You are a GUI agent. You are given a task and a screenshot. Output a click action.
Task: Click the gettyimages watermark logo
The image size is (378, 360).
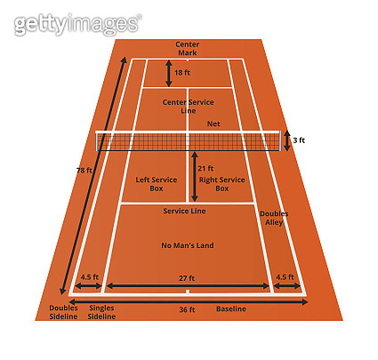pos(77,24)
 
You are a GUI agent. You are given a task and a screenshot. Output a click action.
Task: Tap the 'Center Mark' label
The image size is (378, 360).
pos(188,49)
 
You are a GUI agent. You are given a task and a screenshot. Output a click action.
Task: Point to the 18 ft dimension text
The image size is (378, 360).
pos(182,73)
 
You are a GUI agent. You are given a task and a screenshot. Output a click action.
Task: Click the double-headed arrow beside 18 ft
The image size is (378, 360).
pos(169,73)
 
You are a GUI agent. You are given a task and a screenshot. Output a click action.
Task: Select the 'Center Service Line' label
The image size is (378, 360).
pos(189,107)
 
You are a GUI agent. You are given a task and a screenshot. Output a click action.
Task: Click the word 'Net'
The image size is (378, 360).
pos(213,124)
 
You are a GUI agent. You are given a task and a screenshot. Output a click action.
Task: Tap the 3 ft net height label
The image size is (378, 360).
pos(299,140)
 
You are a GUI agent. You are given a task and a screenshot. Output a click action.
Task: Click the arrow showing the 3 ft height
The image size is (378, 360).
pos(287,140)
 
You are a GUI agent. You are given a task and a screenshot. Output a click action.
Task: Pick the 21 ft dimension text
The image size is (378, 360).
pos(205,168)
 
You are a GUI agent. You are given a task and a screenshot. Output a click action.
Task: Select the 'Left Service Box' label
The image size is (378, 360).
pos(157,184)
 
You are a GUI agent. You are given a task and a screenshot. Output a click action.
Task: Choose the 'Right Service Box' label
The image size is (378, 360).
pos(221,184)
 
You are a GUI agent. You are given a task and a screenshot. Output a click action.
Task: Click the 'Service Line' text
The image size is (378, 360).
pos(184,211)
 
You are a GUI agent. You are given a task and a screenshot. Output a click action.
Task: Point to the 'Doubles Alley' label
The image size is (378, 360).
pos(274,218)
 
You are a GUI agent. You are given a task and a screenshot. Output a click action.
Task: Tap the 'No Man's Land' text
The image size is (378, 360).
pos(188,245)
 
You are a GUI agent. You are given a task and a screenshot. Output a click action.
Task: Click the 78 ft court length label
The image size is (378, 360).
pos(84,171)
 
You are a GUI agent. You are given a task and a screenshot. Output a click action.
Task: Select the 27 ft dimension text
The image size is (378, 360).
pos(187,278)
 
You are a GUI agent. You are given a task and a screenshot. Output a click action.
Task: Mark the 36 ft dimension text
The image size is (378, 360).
pos(187,309)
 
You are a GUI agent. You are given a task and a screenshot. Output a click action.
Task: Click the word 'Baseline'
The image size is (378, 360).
pos(231,309)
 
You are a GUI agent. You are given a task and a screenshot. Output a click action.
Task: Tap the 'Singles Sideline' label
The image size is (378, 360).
pos(101,312)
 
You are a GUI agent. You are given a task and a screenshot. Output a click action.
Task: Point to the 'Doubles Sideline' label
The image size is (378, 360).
pos(63,312)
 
